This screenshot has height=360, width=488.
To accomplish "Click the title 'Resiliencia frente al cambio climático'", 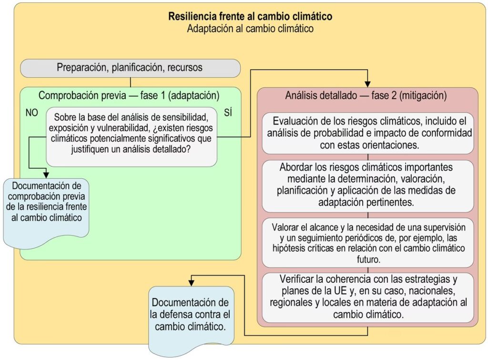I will (250, 16).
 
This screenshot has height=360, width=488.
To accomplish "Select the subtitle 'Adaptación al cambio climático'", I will (250, 28).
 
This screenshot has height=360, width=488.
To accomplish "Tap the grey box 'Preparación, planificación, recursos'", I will (130, 68).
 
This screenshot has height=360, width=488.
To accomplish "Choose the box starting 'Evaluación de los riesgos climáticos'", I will (367, 133).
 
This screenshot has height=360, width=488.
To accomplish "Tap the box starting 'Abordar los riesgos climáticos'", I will (367, 185).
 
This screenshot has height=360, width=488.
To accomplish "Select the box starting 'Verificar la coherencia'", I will (367, 297).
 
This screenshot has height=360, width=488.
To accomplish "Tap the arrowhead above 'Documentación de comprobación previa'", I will (47, 174).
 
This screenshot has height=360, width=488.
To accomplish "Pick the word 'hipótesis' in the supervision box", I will (288, 248).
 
